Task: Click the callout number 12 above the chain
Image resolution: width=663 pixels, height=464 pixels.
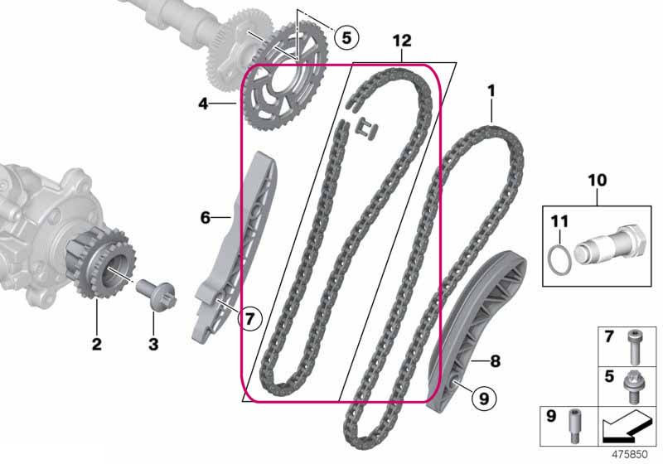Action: pyautogui.click(x=402, y=41)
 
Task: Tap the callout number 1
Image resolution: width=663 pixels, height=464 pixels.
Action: pyautogui.click(x=491, y=91)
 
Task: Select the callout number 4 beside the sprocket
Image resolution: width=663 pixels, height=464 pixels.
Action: pyautogui.click(x=204, y=104)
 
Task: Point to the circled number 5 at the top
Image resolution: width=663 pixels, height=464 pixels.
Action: pyautogui.click(x=346, y=37)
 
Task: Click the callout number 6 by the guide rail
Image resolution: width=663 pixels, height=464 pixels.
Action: pyautogui.click(x=205, y=218)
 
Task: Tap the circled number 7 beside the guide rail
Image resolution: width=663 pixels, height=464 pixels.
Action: pyautogui.click(x=250, y=318)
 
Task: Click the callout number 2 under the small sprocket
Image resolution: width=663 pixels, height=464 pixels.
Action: pyautogui.click(x=97, y=344)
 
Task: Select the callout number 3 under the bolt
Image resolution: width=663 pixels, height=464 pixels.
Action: pyautogui.click(x=153, y=344)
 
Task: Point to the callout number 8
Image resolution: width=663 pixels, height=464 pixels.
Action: pyautogui.click(x=495, y=361)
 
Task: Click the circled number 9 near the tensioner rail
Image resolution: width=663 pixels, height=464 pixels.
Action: pyautogui.click(x=484, y=398)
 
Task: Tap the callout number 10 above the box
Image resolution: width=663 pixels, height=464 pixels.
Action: pyautogui.click(x=598, y=181)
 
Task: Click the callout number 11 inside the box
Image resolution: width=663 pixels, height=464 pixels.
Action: pyautogui.click(x=559, y=221)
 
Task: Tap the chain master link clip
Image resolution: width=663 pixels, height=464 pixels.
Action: pyautogui.click(x=367, y=129)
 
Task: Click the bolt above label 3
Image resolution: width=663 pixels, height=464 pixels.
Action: pyautogui.click(x=156, y=294)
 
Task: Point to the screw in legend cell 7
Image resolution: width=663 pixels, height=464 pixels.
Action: pyautogui.click(x=633, y=347)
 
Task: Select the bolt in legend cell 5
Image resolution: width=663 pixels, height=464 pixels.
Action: pyautogui.click(x=632, y=386)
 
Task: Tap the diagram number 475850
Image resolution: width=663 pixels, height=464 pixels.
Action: pyautogui.click(x=630, y=454)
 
